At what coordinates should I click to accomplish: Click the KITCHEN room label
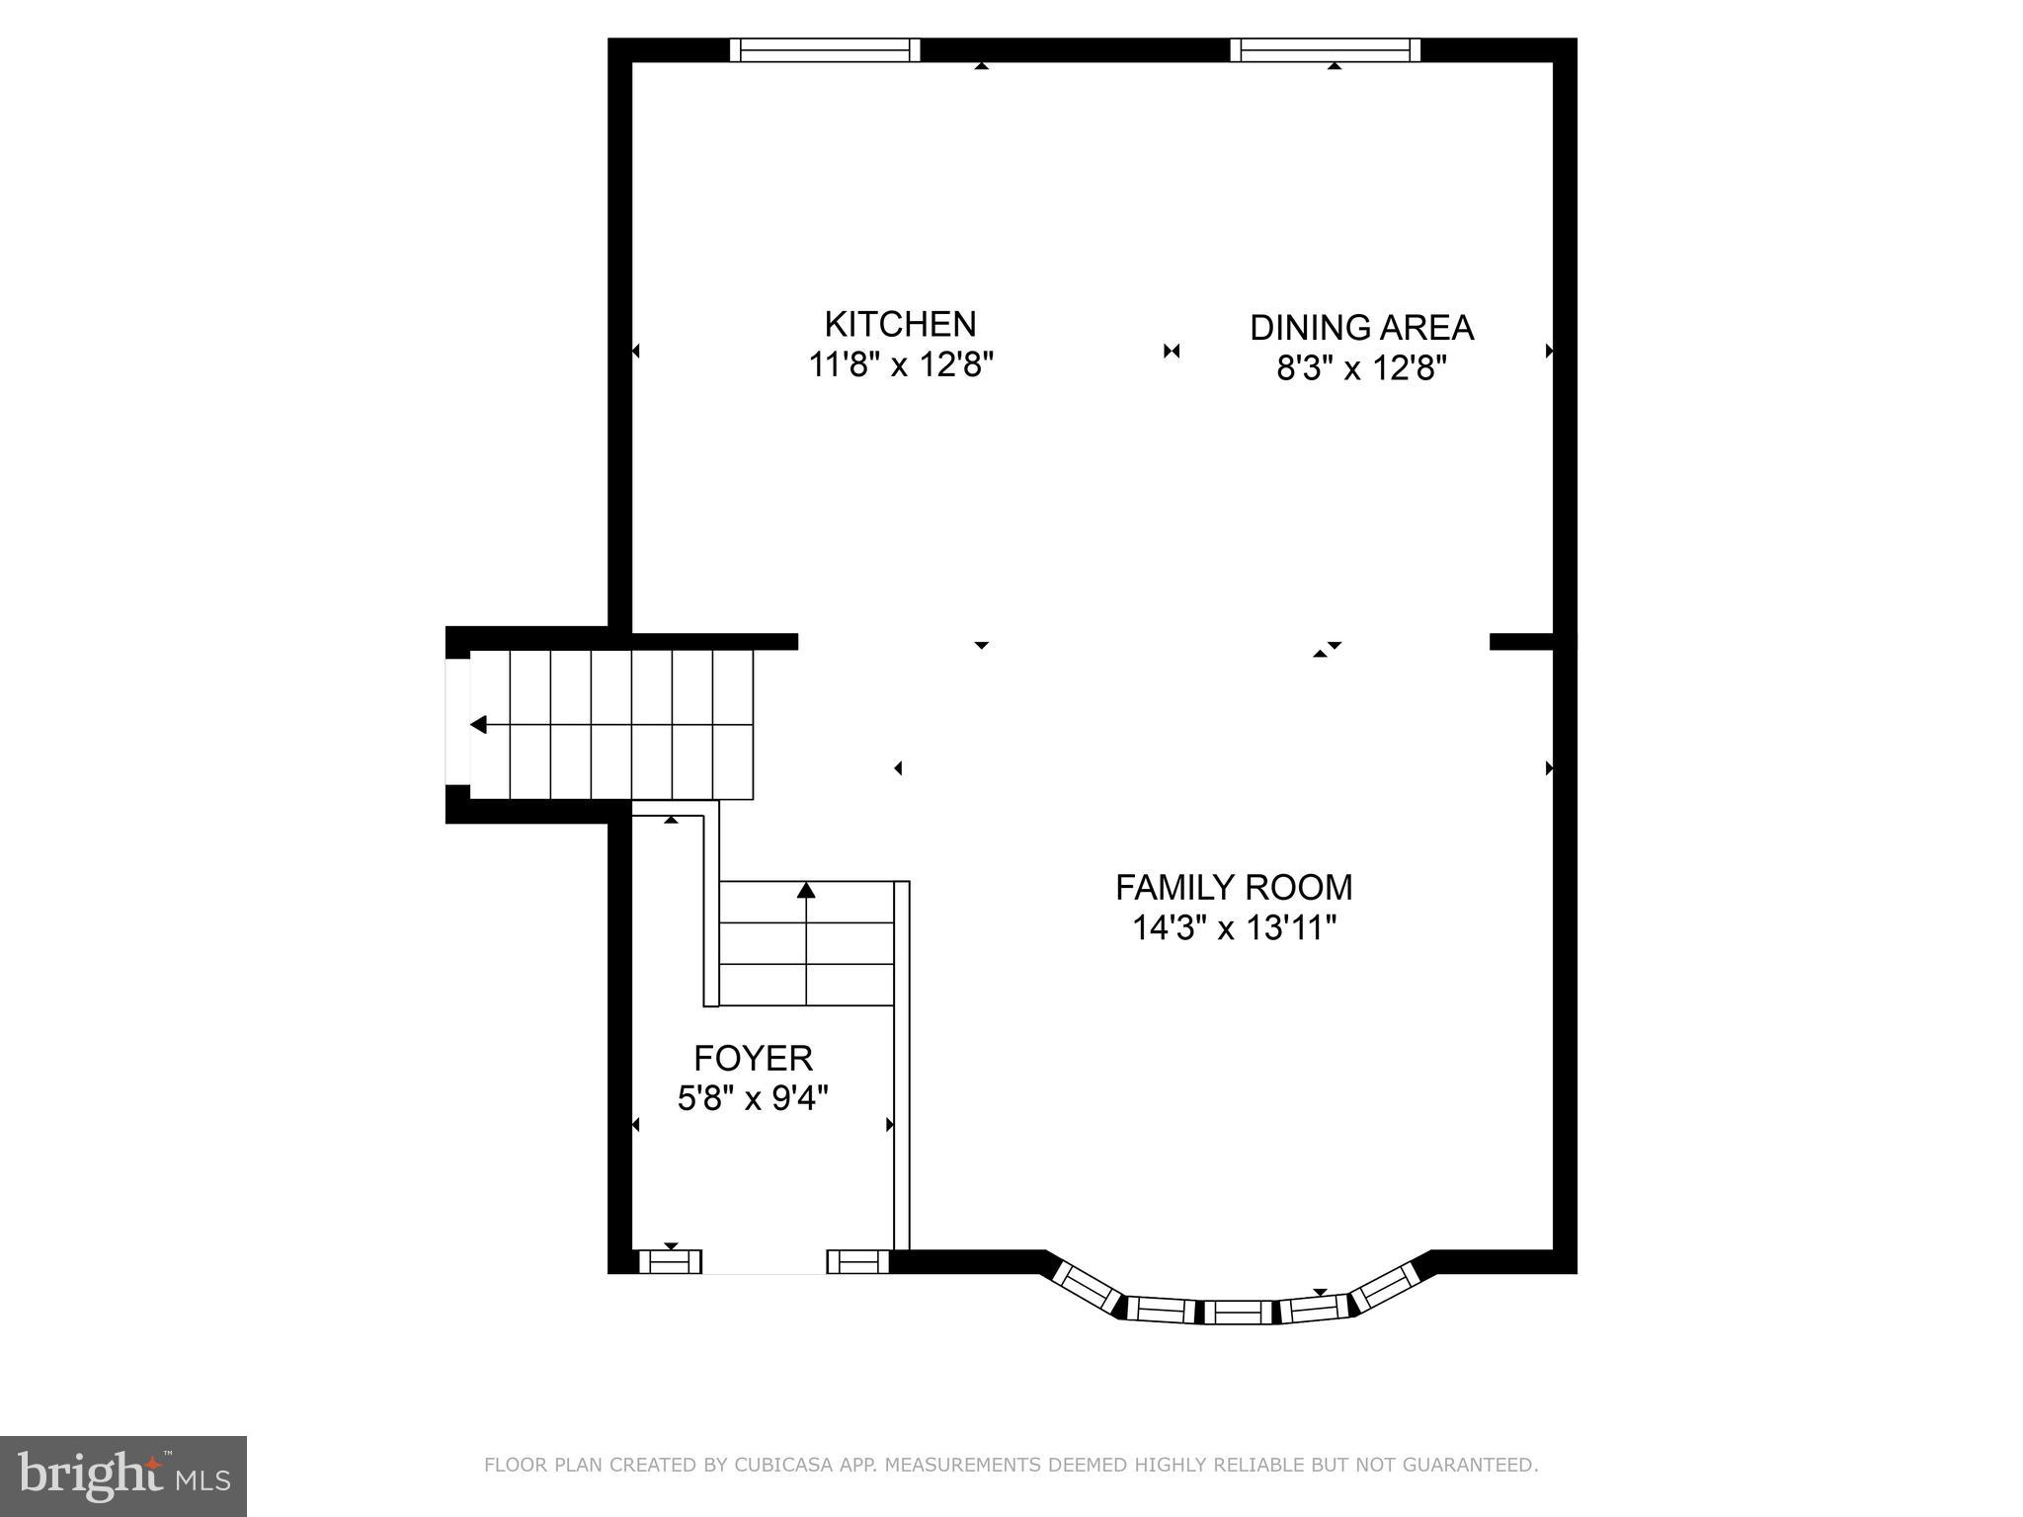(x=900, y=324)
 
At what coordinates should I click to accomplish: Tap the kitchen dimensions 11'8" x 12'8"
(x=900, y=365)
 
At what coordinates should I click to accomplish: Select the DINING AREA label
(x=1361, y=328)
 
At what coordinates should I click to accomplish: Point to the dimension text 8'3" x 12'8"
(x=1361, y=369)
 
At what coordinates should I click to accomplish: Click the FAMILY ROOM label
(x=1234, y=887)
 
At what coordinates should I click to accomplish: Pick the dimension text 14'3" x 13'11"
(x=1234, y=928)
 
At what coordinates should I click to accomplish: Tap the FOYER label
(x=753, y=1058)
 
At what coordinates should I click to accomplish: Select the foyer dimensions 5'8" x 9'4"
(x=753, y=1098)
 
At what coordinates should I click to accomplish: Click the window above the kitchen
(x=825, y=49)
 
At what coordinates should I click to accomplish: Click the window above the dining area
(x=1325, y=49)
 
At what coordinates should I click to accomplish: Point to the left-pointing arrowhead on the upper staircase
(x=479, y=725)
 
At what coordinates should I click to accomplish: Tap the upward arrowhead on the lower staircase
(x=806, y=890)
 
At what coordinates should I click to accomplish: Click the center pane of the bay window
(x=1238, y=1312)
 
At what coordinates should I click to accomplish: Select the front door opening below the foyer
(x=764, y=1263)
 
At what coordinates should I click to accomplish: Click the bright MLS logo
(x=123, y=1477)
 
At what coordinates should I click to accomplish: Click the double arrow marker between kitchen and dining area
(x=1172, y=351)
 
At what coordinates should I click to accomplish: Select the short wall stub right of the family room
(x=1520, y=642)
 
